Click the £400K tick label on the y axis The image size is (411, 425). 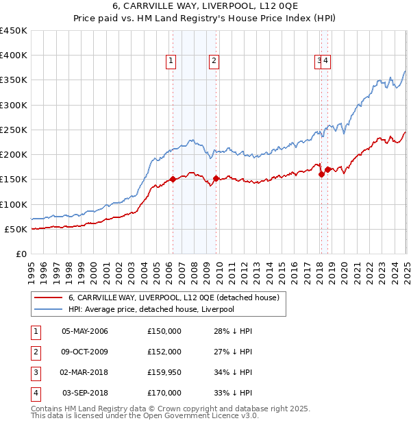(14, 56)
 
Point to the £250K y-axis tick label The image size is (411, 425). (14, 130)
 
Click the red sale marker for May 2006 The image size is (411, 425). (173, 180)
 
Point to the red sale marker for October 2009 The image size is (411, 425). (216, 178)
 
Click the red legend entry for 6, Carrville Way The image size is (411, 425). (173, 298)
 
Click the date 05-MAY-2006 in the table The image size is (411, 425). (84, 331)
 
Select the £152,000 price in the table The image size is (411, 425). (164, 352)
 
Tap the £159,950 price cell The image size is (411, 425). (164, 372)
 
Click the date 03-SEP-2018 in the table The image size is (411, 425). (85, 393)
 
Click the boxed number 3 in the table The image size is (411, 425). (35, 372)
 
